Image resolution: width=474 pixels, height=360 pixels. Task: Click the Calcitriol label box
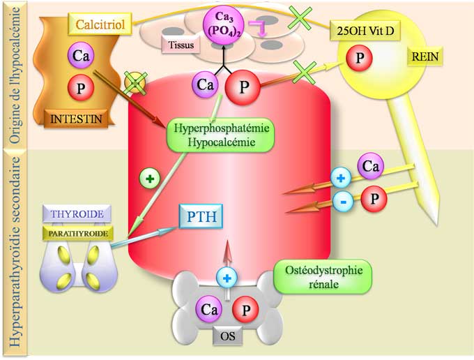point(98,26)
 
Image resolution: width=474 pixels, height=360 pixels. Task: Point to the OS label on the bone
point(227,336)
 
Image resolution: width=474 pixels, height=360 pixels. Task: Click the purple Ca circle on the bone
point(208,308)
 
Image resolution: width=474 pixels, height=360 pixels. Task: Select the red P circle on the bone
point(245,308)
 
